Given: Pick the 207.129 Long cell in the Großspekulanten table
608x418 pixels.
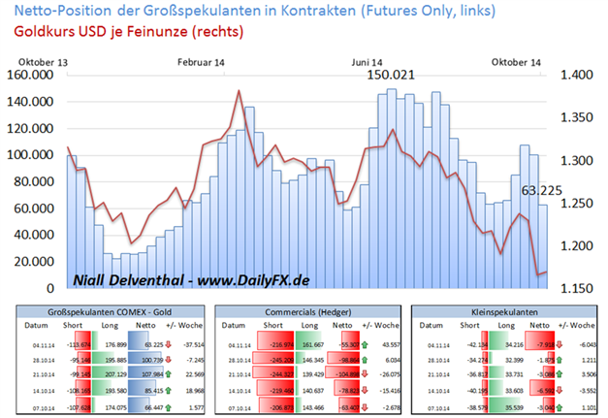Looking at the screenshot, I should tap(115, 372).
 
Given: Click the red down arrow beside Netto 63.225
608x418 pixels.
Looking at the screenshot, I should tap(172, 343).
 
